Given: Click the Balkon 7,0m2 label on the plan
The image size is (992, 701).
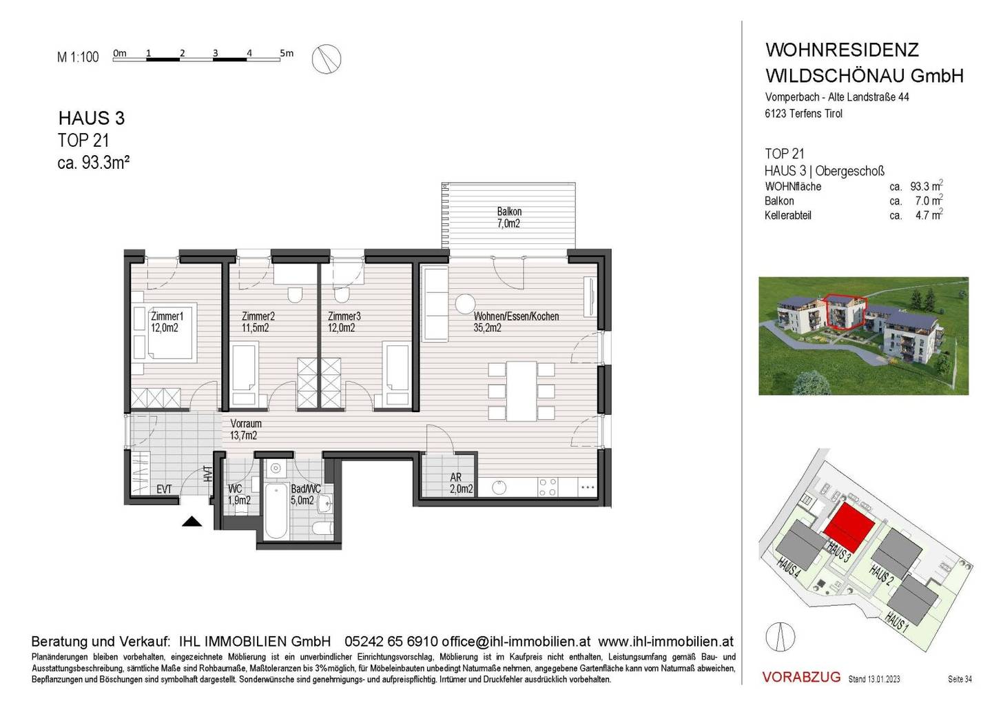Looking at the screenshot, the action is [x=508, y=217].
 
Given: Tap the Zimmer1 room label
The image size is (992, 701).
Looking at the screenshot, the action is [x=167, y=322].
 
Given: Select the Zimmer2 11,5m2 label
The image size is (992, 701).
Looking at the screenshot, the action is [x=258, y=322].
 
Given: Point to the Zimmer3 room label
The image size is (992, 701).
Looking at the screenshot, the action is [x=344, y=322].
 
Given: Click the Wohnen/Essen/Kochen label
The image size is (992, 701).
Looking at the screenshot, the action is [x=516, y=316].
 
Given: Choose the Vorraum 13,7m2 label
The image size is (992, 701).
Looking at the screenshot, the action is [x=245, y=429].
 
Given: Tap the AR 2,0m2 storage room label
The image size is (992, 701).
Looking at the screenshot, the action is [x=461, y=483].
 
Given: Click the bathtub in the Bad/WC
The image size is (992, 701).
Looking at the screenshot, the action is [x=276, y=511].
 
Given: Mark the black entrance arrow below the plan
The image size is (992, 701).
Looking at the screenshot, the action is [x=192, y=521].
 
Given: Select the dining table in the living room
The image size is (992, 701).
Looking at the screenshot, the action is [x=521, y=392].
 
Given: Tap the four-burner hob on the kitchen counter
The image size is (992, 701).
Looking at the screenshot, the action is [x=548, y=487].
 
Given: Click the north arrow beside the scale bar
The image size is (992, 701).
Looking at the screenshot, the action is [x=327, y=59].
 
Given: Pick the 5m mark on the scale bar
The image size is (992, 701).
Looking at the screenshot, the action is [x=287, y=53].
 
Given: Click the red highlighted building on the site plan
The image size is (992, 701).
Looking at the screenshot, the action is [x=849, y=527].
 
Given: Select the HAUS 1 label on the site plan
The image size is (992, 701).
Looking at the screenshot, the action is [x=897, y=621].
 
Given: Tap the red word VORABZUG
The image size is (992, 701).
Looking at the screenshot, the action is [x=801, y=677].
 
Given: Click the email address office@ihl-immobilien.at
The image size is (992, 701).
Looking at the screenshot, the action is [x=516, y=641].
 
